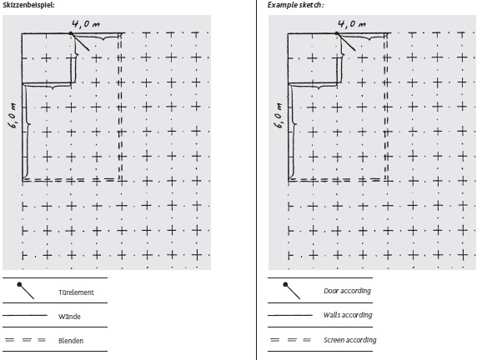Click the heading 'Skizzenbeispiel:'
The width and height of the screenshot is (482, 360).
pos(28,5)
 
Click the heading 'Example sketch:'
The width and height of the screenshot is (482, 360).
pos(295,5)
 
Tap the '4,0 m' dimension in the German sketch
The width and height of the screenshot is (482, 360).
pos(86,24)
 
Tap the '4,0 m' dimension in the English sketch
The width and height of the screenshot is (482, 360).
pos(352,24)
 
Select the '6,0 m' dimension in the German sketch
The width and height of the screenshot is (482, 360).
pos(13,116)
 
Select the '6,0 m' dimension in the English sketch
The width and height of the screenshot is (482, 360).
pos(279,116)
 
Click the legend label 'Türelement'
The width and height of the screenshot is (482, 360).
pos(76,292)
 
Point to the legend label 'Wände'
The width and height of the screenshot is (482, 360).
pos(69,317)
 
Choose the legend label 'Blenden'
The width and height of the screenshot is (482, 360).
pos(71,341)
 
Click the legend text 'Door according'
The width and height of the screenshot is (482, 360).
pos(348,291)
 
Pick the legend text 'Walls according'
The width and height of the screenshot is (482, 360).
pos(348,315)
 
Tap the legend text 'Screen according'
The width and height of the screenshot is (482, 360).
pos(349,340)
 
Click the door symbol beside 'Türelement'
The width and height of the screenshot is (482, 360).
pos(26,291)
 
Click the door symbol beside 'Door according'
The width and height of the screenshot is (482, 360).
pos(292,291)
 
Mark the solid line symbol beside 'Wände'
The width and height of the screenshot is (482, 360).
pos(25,316)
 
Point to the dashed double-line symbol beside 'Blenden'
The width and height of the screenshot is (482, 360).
pos(26,340)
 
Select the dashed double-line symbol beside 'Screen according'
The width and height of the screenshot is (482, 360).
pos(290,340)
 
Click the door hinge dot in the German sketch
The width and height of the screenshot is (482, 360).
pos(71,33)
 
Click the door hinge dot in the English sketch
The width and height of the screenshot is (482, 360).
pos(337,33)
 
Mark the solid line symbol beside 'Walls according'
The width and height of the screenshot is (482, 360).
pos(290,315)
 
